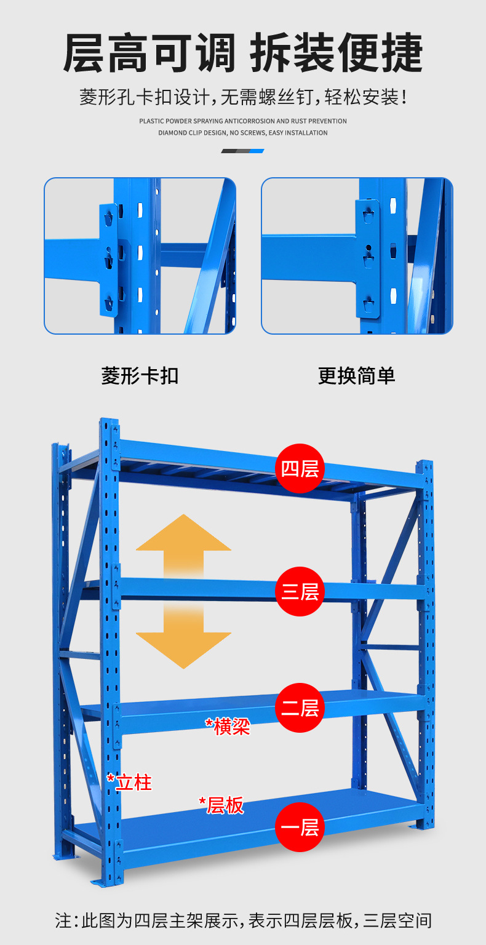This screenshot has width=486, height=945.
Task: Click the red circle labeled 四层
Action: click(x=300, y=469)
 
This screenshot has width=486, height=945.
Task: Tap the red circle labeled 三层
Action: click(x=300, y=591)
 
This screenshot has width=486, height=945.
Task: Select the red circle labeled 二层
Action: click(x=300, y=708)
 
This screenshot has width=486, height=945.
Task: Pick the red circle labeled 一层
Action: click(x=300, y=827)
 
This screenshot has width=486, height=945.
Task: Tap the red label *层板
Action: click(x=221, y=805)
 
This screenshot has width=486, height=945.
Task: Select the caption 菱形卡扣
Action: click(x=140, y=376)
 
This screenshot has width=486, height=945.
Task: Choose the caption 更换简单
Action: click(x=356, y=376)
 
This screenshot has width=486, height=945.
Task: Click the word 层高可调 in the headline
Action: click(x=149, y=54)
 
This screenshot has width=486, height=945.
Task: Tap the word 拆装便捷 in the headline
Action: click(x=337, y=54)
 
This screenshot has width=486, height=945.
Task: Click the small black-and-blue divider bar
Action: click(x=242, y=151)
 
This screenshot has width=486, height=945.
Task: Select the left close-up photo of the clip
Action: click(x=140, y=256)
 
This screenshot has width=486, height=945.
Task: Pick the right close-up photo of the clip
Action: click(x=357, y=256)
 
